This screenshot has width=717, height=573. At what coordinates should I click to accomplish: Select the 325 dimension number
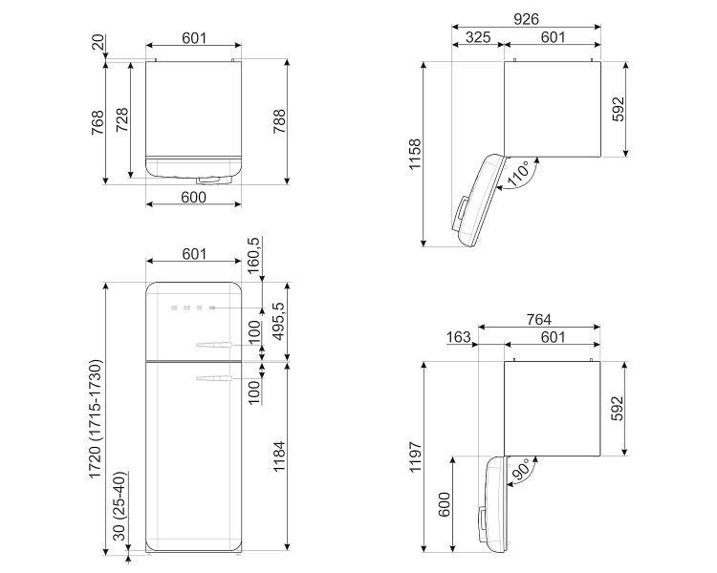(477, 37)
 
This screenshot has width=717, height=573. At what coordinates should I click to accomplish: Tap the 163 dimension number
(458, 337)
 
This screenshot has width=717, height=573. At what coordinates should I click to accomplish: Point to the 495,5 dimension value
(279, 322)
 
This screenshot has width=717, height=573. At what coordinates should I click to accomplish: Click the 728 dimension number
(122, 117)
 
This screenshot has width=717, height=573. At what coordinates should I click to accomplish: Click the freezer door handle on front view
(212, 344)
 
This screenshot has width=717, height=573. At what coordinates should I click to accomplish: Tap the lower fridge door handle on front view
(212, 379)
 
